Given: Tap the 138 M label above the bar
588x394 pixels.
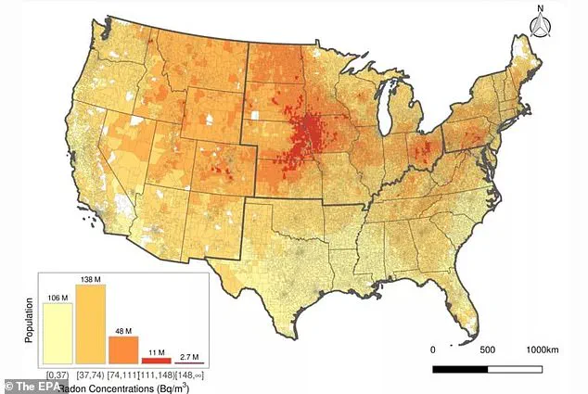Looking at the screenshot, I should tap(90, 278).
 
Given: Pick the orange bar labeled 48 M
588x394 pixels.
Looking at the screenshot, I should tap(122, 350).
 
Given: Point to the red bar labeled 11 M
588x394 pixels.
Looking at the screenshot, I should tap(155, 360).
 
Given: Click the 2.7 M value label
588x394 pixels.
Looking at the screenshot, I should tap(188, 356).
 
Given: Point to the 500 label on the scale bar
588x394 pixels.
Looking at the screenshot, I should tap(488, 351).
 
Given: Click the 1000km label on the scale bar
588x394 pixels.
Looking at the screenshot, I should tap(543, 351).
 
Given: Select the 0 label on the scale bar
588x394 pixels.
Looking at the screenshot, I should tap(435, 351).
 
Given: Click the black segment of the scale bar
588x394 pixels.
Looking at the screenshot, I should tap(462, 369).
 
